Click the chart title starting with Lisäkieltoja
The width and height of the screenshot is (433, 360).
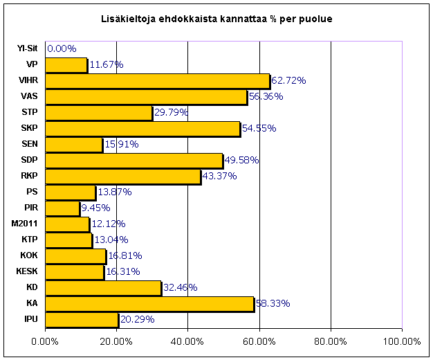[x=217, y=18]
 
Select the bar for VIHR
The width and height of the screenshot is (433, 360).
[x=157, y=81]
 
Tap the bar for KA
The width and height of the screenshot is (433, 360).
[x=149, y=304]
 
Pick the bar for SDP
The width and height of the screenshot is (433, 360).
[x=134, y=161]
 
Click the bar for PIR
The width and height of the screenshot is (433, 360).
[x=62, y=208]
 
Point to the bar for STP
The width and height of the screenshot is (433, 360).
[x=99, y=113]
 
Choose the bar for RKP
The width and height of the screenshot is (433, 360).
[x=123, y=177]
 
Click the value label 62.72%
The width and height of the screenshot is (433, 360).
[x=288, y=81]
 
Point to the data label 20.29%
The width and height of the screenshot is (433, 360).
[x=137, y=320]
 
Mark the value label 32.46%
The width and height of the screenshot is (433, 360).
[x=180, y=288]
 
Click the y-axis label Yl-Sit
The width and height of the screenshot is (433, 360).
[x=28, y=49]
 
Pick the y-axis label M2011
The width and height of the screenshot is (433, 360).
[x=25, y=224]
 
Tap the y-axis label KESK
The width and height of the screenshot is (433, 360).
[x=26, y=272]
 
